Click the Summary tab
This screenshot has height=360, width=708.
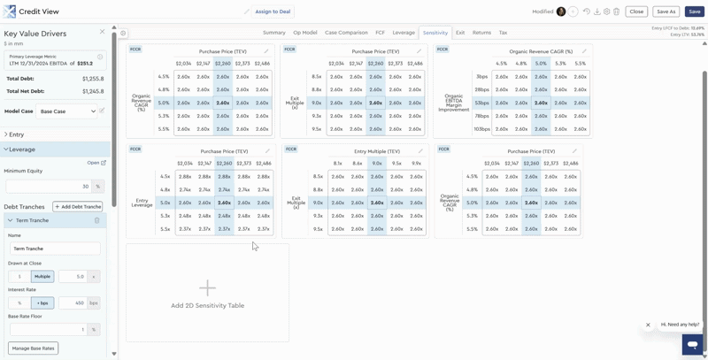tap(273, 33)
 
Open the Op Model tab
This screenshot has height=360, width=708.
tap(304, 33)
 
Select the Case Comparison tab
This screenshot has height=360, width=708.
tap(346, 33)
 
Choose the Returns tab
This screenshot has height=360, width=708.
tap(481, 33)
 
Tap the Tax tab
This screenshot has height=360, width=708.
tap(503, 33)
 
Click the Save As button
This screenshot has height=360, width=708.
tap(666, 11)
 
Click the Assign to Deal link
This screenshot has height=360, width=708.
tap(273, 11)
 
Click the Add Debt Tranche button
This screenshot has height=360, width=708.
tap(78, 207)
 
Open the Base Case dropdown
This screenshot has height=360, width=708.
tap(67, 111)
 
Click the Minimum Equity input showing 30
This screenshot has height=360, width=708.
tap(48, 187)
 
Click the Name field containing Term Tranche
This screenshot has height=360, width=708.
tap(55, 249)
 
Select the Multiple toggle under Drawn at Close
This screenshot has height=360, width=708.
tap(42, 277)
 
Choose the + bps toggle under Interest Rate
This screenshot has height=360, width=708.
tap(42, 303)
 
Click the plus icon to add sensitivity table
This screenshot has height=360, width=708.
tap(207, 288)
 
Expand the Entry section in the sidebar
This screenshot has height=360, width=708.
tap(16, 134)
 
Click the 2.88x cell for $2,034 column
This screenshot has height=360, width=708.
tap(184, 177)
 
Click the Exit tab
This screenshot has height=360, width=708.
tap(459, 33)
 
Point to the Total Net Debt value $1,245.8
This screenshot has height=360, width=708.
tap(93, 91)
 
